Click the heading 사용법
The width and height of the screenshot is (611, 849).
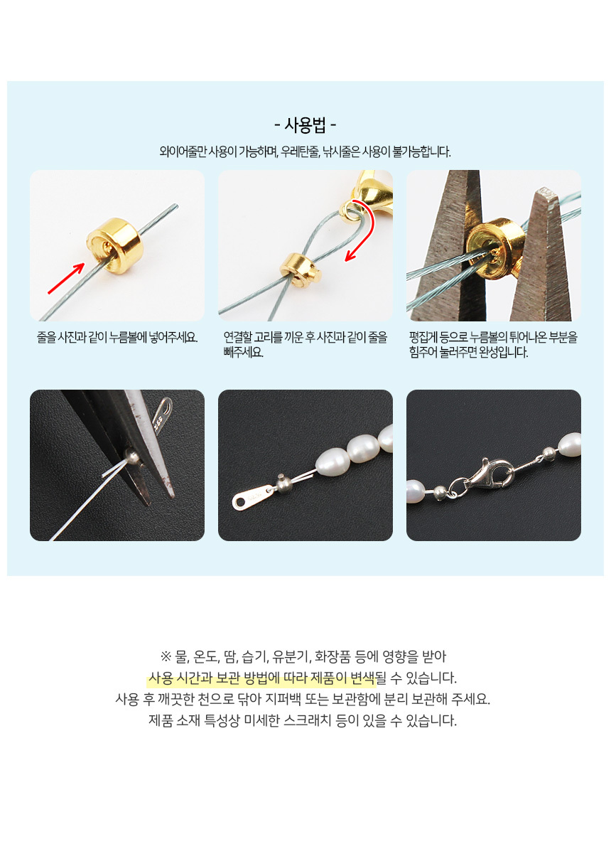pyautogui.click(x=305, y=126)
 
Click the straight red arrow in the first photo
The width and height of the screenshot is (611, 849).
pyautogui.click(x=66, y=278)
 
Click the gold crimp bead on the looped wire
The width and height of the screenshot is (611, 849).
pyautogui.click(x=301, y=267)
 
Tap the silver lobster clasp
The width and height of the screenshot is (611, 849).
pyautogui.click(x=482, y=475)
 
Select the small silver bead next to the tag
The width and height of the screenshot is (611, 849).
pyautogui.click(x=283, y=481)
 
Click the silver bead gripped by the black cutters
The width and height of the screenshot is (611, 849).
pyautogui.click(x=132, y=459)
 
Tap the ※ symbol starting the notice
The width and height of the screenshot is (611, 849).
pyautogui.click(x=166, y=657)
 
